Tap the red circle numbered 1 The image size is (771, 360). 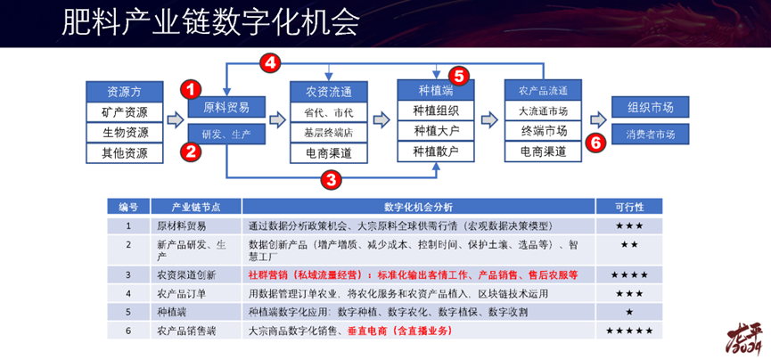(190, 89)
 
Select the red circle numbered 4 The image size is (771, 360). (271, 62)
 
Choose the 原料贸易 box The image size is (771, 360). (226, 108)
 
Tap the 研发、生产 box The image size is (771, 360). (226, 134)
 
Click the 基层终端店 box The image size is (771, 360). (328, 132)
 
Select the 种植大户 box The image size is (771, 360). (435, 131)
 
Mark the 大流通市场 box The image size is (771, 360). (543, 111)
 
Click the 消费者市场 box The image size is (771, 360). (649, 135)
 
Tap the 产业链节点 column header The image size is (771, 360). (196, 206)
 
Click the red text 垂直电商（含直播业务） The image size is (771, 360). (403, 331)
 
